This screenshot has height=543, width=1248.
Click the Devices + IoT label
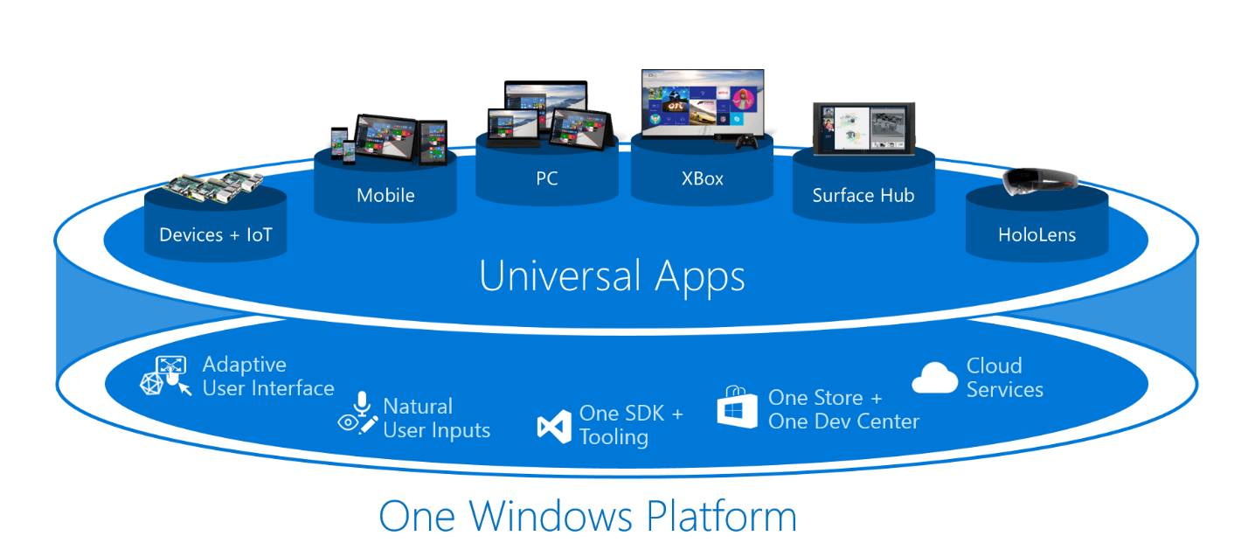pos(215,234)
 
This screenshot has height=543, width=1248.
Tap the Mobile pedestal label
pos(385,195)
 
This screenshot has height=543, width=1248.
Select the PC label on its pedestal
pos(547,178)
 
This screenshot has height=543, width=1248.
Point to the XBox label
pos(703,178)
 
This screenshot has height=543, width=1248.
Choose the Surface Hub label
pos(863,195)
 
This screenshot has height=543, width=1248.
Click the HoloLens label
pos(1037,234)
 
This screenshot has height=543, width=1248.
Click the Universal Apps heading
pos(612,275)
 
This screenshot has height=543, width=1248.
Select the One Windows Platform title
pos(587,515)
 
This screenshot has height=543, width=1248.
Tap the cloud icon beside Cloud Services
pos(934,378)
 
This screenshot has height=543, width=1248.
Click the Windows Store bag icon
pos(737,407)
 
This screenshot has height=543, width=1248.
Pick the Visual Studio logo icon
pos(553,426)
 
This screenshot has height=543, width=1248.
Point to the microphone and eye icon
pos(358,414)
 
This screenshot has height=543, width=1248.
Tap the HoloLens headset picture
pos(1039,181)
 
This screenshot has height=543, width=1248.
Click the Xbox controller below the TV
pos(745,142)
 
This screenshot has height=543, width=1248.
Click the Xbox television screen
pos(702,103)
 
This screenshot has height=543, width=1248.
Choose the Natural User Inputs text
pos(436,418)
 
